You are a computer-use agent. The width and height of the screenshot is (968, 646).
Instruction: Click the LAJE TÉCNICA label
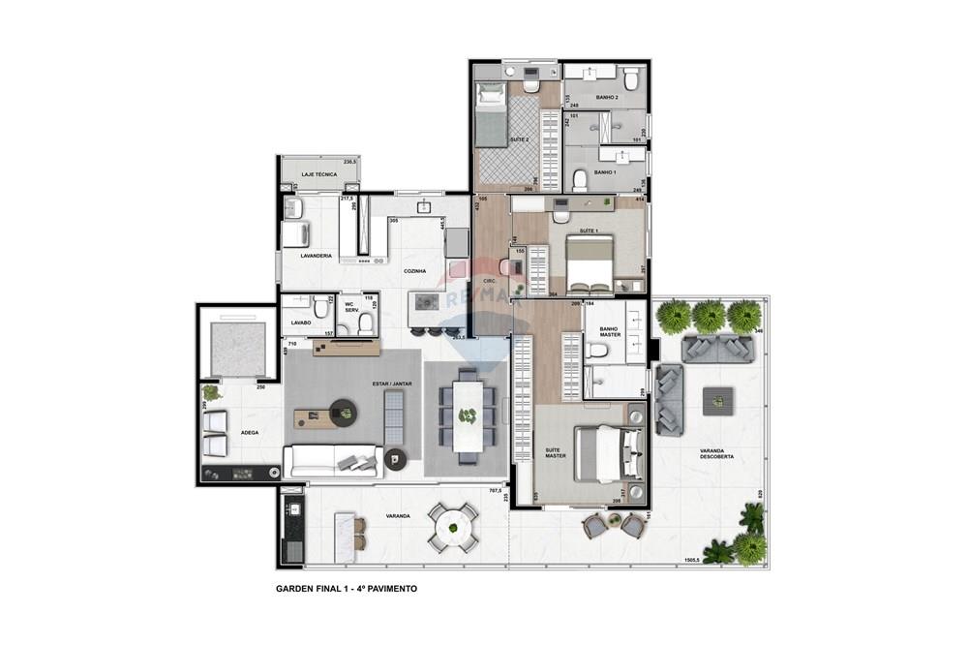318,175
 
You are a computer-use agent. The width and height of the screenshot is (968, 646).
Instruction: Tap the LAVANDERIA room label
317,256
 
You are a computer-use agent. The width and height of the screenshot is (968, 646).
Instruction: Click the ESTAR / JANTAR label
392,385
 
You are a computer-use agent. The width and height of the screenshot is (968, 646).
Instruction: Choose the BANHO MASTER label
610,333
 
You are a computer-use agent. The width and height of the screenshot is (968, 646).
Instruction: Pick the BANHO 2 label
607,98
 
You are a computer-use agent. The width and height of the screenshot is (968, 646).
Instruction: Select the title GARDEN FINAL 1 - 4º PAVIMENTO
346,588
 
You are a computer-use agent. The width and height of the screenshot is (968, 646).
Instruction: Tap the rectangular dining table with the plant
468,414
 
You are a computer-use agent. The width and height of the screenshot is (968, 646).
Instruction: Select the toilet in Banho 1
581,179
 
